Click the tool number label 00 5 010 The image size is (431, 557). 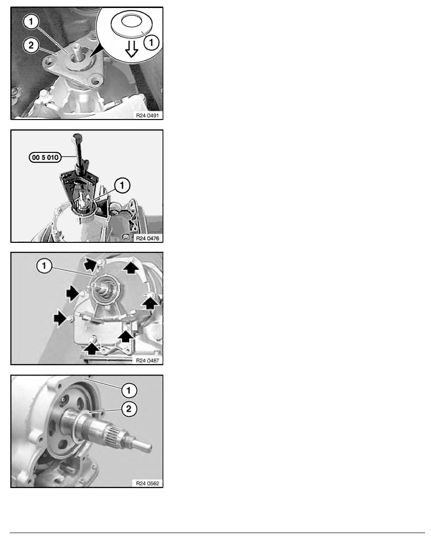tap(45, 157)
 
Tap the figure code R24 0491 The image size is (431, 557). tap(147, 115)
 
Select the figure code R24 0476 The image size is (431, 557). tap(147, 238)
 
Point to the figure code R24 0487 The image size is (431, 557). tap(147, 360)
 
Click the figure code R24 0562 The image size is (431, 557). tap(147, 483)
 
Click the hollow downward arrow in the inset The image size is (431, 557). tap(131, 49)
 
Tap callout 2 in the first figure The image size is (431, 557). tap(31, 45)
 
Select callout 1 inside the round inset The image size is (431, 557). tap(152, 43)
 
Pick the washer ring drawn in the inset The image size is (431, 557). tap(131, 24)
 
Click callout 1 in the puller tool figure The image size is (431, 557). tap(122, 185)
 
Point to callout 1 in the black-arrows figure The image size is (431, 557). tap(45, 266)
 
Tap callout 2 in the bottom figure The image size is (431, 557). tap(129, 408)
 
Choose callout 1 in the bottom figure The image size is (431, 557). tap(129, 391)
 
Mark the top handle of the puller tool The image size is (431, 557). tap(77, 136)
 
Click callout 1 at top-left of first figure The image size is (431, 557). tap(31, 22)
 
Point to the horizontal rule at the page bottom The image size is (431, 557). tap(217, 533)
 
